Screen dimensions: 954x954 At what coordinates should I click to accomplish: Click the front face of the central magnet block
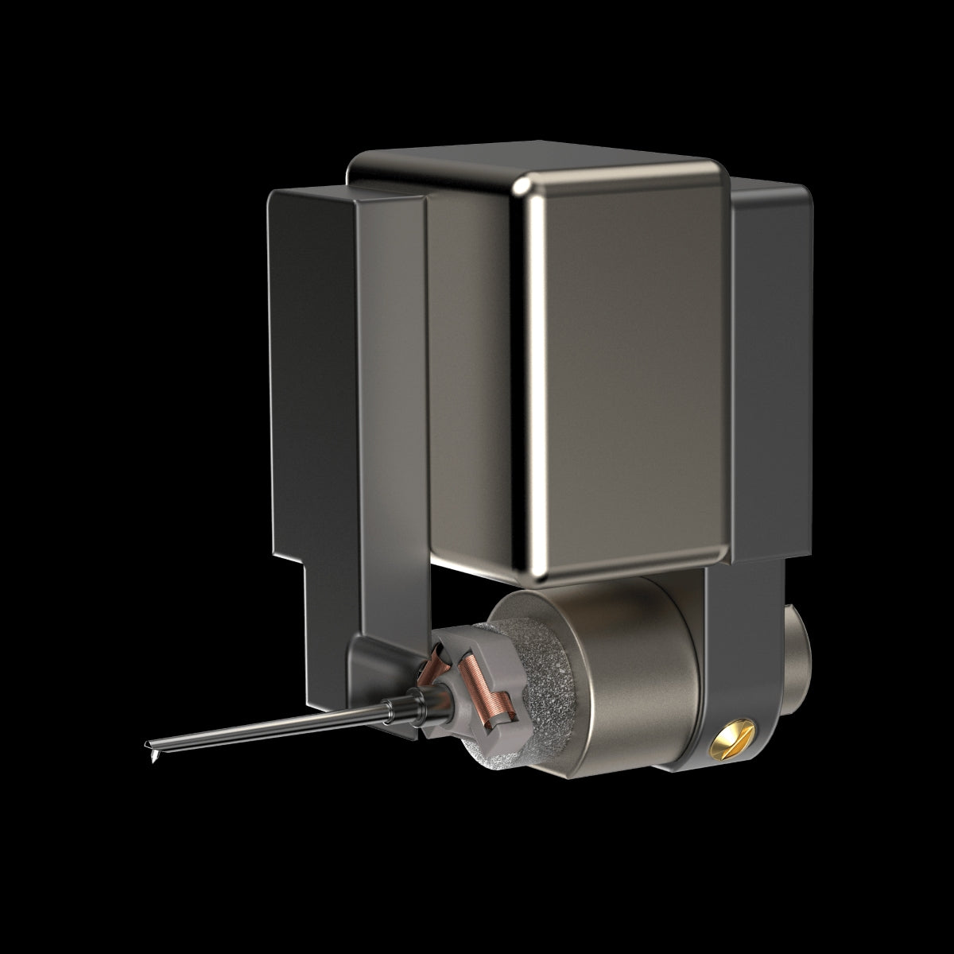[628, 382]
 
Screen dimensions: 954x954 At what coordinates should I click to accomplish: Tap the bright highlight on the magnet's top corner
[525, 188]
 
